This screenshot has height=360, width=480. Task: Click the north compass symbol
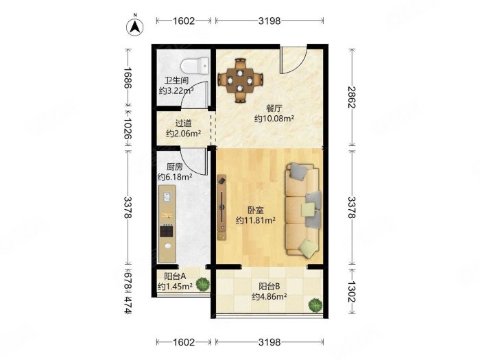pyautogui.click(x=134, y=27)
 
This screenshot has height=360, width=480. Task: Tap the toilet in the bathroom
pyautogui.click(x=194, y=66)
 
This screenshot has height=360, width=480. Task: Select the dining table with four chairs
pyautogui.click(x=240, y=80)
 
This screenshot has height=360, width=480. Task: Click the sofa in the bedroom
pyautogui.click(x=303, y=209)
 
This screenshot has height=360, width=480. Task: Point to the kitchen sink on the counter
pyautogui.click(x=167, y=197)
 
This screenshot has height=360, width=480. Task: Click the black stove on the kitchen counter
pyautogui.click(x=167, y=231)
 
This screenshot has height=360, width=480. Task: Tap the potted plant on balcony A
pyautogui.click(x=203, y=284)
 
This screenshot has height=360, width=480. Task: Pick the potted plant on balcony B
pyautogui.click(x=315, y=305)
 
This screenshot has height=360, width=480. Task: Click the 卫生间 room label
pyautogui.click(x=176, y=81)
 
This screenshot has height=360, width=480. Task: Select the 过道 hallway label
pyautogui.click(x=183, y=123)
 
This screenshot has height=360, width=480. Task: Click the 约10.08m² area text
pyautogui.click(x=274, y=119)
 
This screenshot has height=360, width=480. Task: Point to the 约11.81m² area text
pyautogui.click(x=256, y=220)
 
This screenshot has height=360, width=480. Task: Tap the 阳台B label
pyautogui.click(x=269, y=287)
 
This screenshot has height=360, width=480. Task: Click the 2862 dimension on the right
pyautogui.click(x=352, y=97)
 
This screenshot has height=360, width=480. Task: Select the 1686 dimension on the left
pyautogui.click(x=128, y=77)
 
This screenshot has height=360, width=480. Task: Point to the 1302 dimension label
pyautogui.click(x=352, y=291)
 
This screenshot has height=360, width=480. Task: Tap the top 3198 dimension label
pyautogui.click(x=269, y=21)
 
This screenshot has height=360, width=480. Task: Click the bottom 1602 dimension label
pyautogui.click(x=184, y=342)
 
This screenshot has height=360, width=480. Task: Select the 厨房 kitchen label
pyautogui.click(x=175, y=167)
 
